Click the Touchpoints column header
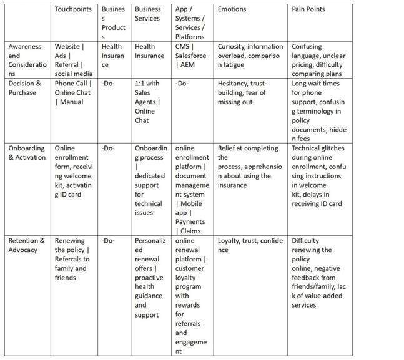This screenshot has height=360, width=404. [x=73, y=9]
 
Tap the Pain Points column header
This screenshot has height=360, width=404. [x=308, y=9]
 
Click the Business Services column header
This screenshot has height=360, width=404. [x=148, y=14]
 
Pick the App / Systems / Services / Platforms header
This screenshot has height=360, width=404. [x=190, y=22]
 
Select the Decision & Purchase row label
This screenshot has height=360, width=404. [x=26, y=88]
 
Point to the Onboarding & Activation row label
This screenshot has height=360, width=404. [x=27, y=153]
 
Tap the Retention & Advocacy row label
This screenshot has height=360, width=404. [x=27, y=245]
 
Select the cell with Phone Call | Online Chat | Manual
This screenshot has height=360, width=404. [x=73, y=92]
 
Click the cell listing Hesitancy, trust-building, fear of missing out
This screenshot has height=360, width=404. [x=245, y=92]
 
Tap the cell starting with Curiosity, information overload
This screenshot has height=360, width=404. [x=250, y=56]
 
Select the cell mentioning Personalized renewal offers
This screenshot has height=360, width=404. [x=149, y=278]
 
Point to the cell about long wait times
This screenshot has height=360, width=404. [x=318, y=111]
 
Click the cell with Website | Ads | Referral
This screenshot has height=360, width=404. [x=73, y=60]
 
